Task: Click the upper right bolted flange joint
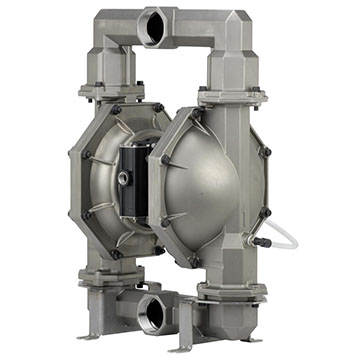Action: (233, 96)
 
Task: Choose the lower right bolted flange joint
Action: (231, 290)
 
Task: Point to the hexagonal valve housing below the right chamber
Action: (232, 271)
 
